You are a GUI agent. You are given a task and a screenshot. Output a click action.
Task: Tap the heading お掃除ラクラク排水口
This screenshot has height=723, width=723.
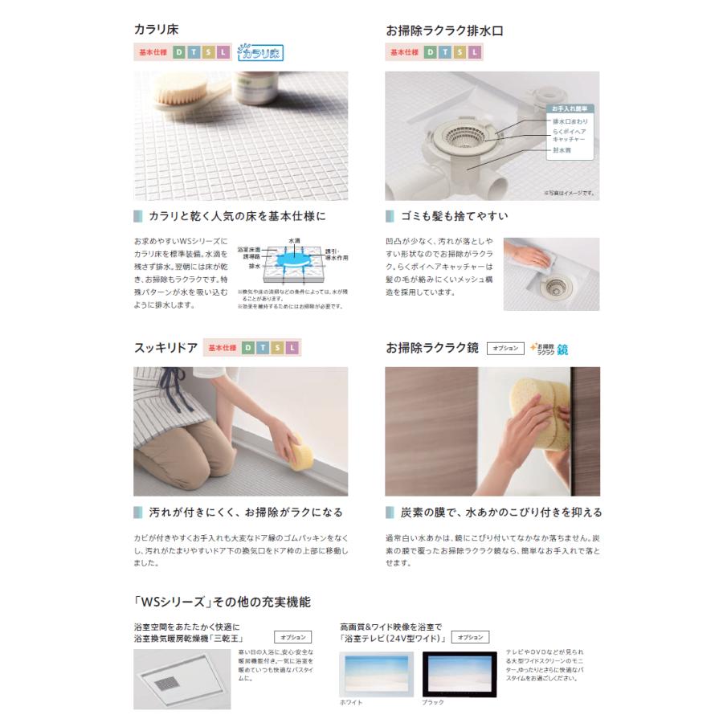click(x=445, y=31)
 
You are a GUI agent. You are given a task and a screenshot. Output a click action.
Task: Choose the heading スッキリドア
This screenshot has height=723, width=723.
click(x=165, y=348)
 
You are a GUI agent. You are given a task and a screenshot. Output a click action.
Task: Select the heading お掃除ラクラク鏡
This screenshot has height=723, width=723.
click(x=432, y=348)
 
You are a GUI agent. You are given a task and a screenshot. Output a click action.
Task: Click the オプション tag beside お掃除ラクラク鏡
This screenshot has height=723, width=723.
click(x=504, y=349)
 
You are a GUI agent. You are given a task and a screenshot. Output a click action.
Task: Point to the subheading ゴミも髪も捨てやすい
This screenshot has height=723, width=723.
click(x=453, y=216)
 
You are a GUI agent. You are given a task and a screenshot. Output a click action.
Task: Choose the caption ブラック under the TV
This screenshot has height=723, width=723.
click(x=432, y=703)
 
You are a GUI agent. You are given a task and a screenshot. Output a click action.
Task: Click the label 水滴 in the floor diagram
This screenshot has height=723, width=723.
click(x=294, y=240)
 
